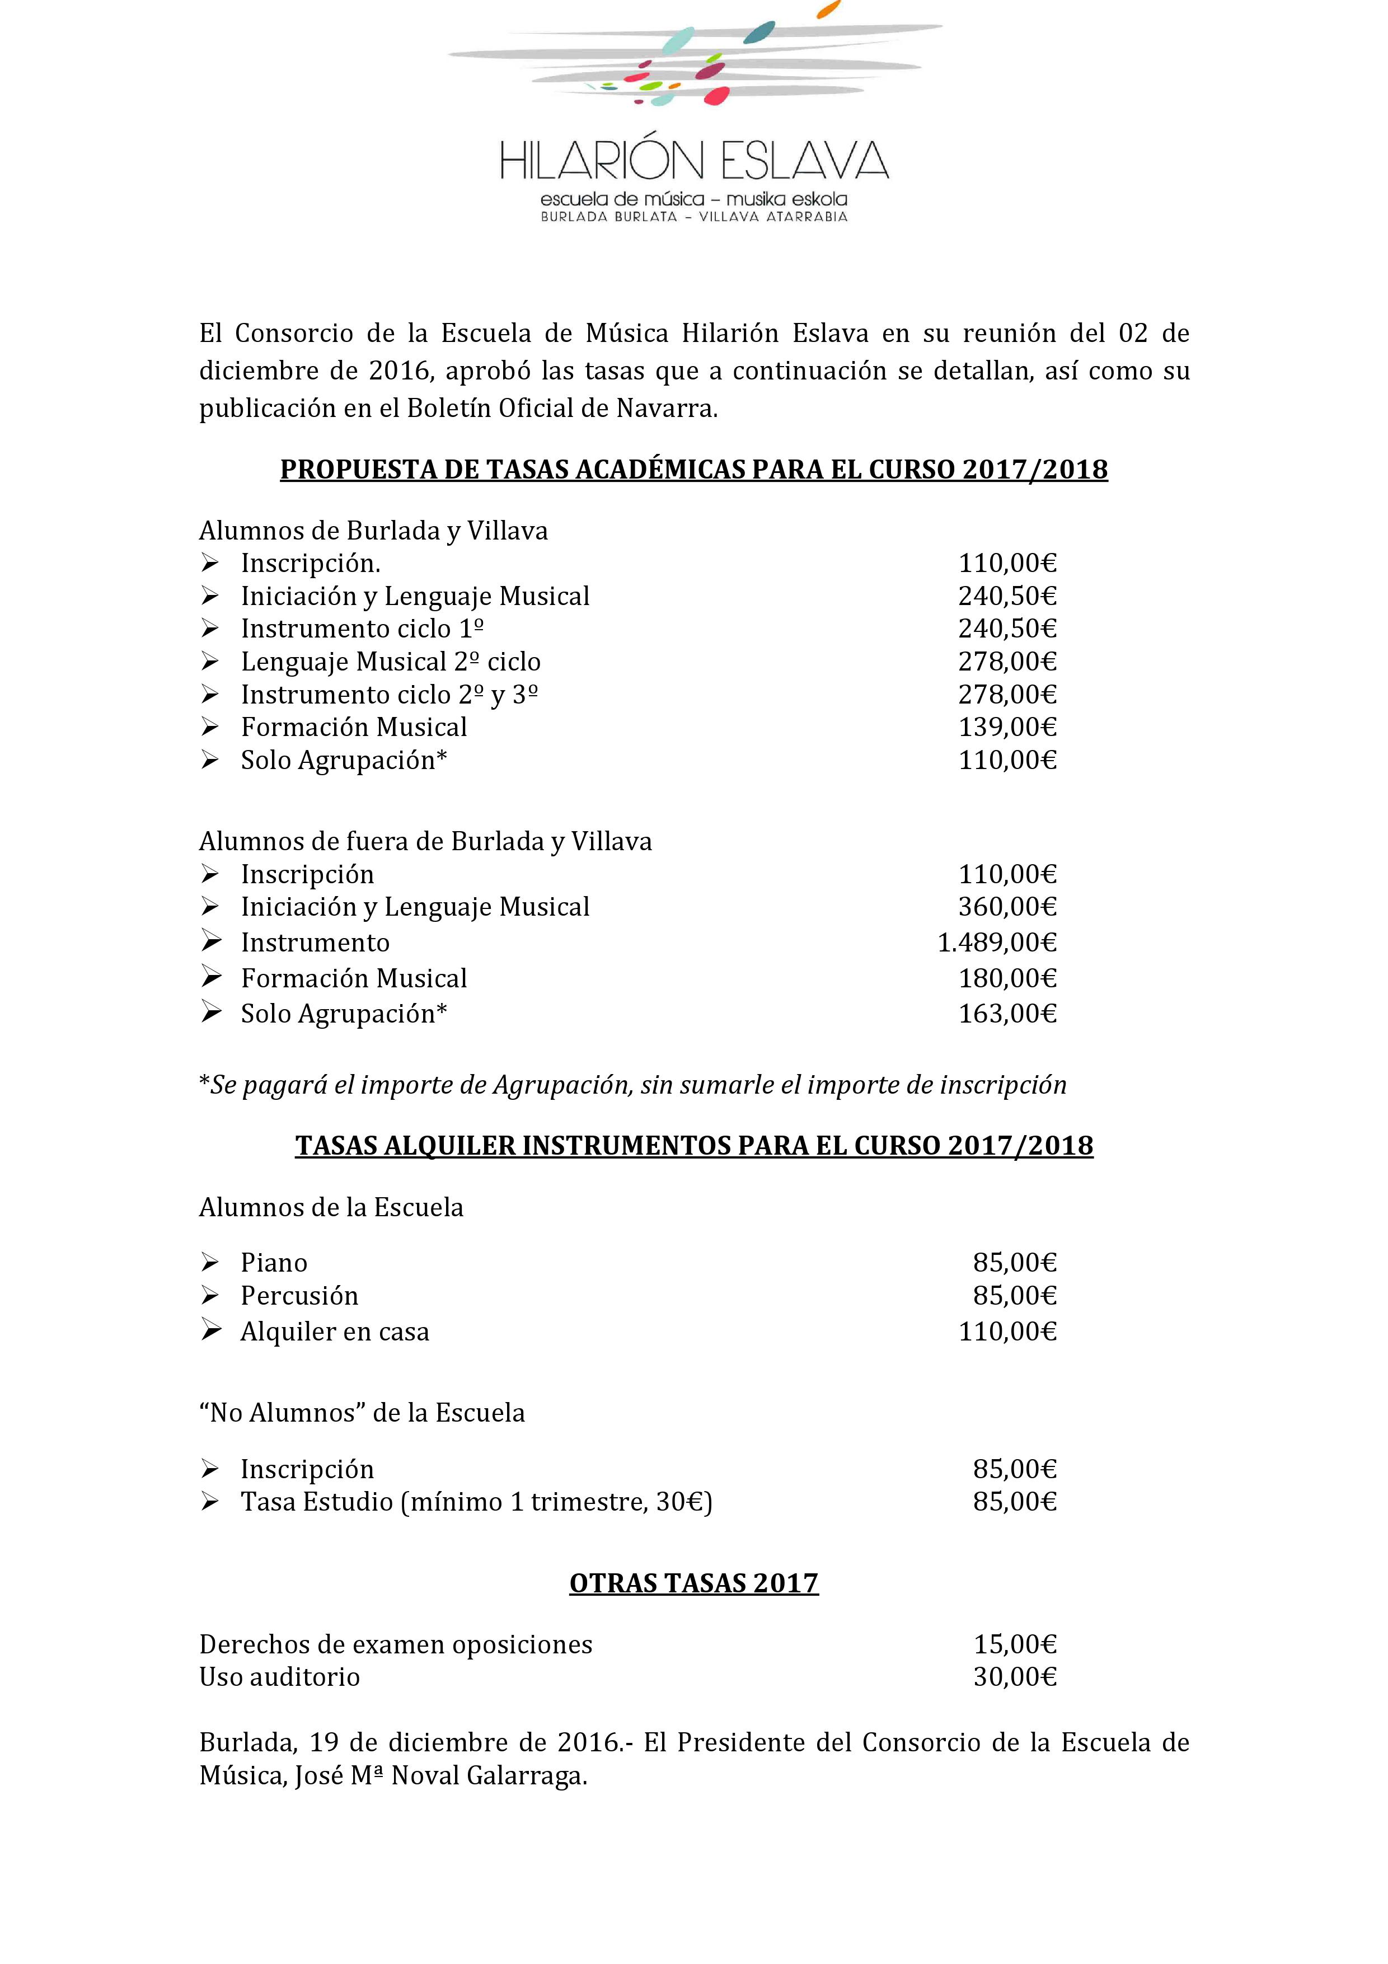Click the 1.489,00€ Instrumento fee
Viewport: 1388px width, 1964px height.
[x=997, y=943]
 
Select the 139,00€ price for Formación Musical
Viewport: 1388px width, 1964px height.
[x=1007, y=727]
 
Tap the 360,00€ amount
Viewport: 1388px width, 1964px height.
[x=1007, y=907]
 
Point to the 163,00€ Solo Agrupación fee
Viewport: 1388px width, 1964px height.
[x=1007, y=1014]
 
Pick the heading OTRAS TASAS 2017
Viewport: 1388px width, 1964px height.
[x=693, y=1583]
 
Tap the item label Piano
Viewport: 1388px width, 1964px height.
[x=274, y=1263]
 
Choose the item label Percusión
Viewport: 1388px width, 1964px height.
[x=299, y=1296]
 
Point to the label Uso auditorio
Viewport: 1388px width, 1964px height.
[x=280, y=1676]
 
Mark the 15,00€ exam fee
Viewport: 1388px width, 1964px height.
[x=1015, y=1644]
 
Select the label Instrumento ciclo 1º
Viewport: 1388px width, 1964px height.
[x=363, y=629]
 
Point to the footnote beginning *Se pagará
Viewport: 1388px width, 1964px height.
[x=633, y=1085]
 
